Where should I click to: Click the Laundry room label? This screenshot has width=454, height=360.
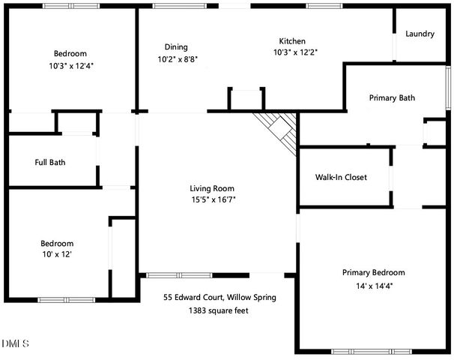point(420,34)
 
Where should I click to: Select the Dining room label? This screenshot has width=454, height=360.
point(177,46)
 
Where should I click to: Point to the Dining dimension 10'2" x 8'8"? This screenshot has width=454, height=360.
point(178,58)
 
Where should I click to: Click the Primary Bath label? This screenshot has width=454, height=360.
point(392,97)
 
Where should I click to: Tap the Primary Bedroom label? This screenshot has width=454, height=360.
point(373,272)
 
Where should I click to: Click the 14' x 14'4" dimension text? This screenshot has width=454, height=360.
point(373,285)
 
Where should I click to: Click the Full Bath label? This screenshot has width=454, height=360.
point(50,162)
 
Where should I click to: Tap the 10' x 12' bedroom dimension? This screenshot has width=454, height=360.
point(57,255)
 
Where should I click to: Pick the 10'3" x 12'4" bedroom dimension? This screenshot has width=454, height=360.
point(70,65)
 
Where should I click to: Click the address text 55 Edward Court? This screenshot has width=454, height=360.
point(220,297)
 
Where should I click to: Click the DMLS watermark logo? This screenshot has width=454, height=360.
point(15,343)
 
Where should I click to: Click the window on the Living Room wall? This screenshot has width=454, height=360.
point(175,275)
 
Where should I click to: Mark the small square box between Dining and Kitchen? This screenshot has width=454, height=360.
point(246,100)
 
